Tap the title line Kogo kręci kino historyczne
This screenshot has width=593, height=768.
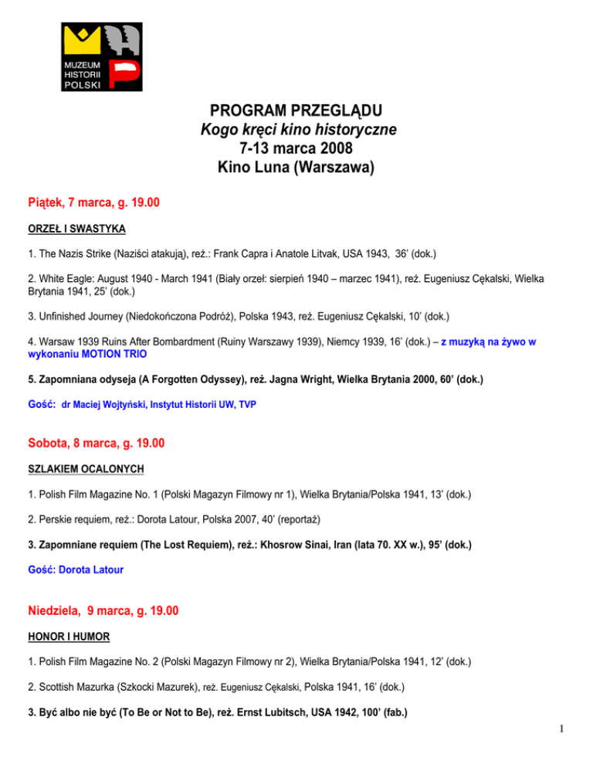click(296, 128)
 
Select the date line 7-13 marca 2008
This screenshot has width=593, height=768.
click(296, 148)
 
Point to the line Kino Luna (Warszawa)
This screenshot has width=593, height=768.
click(296, 167)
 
